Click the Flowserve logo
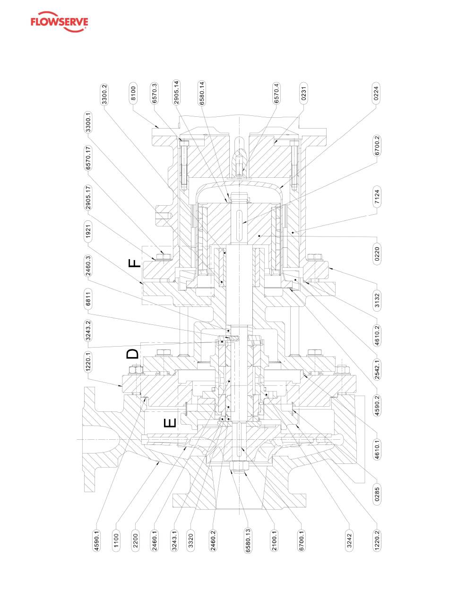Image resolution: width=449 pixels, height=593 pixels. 59,22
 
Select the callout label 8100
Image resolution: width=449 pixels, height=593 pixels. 133,93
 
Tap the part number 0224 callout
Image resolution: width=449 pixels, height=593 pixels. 376,93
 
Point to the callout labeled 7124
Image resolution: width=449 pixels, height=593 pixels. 377,196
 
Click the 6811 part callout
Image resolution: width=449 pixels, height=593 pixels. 88,299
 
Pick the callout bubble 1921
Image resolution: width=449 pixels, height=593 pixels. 88,232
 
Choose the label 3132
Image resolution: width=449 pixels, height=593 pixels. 377,300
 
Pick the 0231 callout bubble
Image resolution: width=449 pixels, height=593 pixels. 304,93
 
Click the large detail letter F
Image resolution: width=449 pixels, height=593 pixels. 134,263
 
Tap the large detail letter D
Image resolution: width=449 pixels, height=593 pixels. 132,353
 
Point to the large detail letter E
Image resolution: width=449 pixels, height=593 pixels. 170,423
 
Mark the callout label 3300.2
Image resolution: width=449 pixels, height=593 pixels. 104,94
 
